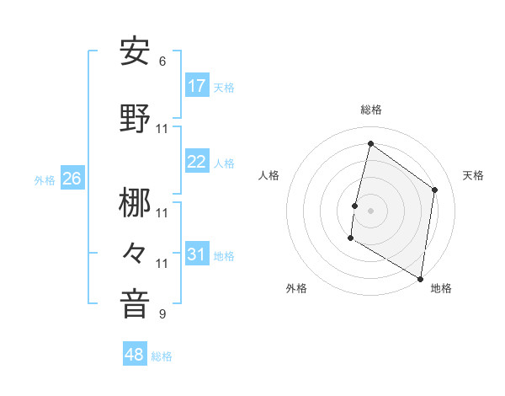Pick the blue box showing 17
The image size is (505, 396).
pyautogui.click(x=197, y=86)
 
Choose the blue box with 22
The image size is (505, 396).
pyautogui.click(x=197, y=162)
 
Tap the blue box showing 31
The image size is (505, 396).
pyautogui.click(x=197, y=254)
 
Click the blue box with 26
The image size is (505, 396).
pyautogui.click(x=72, y=179)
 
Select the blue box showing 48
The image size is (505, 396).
pyautogui.click(x=135, y=355)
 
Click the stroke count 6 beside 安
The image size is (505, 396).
pyautogui.click(x=162, y=62)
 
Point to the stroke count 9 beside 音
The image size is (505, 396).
pyautogui.click(x=162, y=314)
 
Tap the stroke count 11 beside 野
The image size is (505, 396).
pyautogui.click(x=162, y=129)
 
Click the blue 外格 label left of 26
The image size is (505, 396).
pyautogui.click(x=45, y=179)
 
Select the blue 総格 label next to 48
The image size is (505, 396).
pyautogui.click(x=162, y=356)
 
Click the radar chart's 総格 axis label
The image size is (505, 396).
pyautogui.click(x=370, y=110)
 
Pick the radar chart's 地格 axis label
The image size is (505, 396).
pyautogui.click(x=441, y=288)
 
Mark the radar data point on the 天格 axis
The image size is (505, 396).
pyautogui.click(x=435, y=190)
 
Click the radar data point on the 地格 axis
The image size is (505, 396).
pyautogui.click(x=420, y=278)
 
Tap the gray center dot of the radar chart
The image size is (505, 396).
pyautogui.click(x=370, y=211)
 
